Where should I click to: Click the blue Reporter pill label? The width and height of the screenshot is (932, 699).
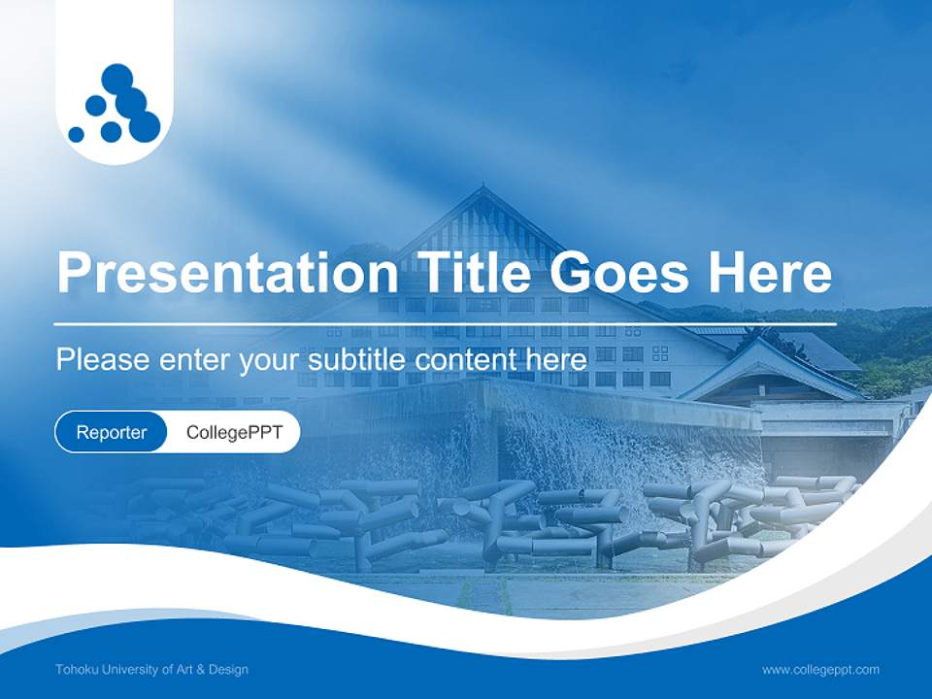coord(111,432)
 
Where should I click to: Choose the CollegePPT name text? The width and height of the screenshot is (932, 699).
coord(234,432)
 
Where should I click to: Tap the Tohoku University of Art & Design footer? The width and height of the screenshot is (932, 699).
coord(151,669)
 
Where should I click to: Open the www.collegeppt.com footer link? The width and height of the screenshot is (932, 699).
coord(820,669)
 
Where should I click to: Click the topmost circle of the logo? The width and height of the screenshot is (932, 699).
coord(116,78)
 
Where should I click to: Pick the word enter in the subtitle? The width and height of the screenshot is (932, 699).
coord(194,360)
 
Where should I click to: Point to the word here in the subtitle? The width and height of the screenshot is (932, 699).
coord(560,360)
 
